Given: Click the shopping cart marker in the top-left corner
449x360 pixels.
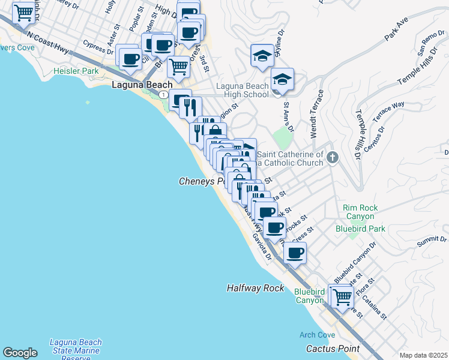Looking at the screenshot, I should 23,11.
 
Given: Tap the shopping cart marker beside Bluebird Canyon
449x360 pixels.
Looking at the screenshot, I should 342,296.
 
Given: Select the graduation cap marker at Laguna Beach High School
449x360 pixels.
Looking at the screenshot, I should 282,79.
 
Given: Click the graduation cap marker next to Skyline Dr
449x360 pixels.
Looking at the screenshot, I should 262,56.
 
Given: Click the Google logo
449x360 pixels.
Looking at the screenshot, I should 20,353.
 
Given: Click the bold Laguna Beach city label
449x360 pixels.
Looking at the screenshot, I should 142,85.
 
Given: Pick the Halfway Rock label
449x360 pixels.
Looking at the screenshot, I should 255,288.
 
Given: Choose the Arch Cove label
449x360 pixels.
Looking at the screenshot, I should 318,335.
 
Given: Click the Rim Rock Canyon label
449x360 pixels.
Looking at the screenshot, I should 360,212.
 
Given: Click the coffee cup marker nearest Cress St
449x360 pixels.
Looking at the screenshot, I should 294,253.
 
